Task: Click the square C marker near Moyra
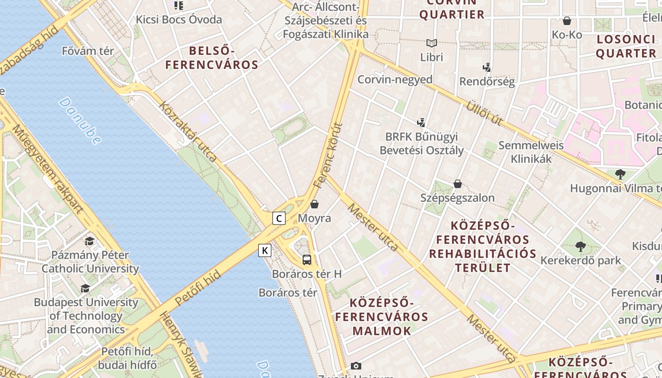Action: [x=279, y=218]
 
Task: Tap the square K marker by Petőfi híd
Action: [x=265, y=250]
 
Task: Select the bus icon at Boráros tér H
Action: [x=307, y=259]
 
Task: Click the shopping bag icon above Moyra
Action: [x=314, y=204]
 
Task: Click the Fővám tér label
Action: [x=88, y=51]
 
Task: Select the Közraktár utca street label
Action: [x=189, y=131]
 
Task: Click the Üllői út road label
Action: [x=484, y=113]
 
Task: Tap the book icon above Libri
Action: [x=432, y=43]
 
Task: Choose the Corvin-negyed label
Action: [x=395, y=79]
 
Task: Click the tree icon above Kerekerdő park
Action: [x=581, y=246]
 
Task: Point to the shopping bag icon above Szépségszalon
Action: [x=457, y=184]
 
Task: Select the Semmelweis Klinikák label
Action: [x=531, y=152]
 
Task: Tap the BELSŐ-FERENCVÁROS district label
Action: [x=212, y=58]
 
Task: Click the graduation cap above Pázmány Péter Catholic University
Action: [x=89, y=241]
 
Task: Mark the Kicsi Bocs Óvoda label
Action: [x=179, y=19]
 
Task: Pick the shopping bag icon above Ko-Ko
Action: [x=567, y=21]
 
